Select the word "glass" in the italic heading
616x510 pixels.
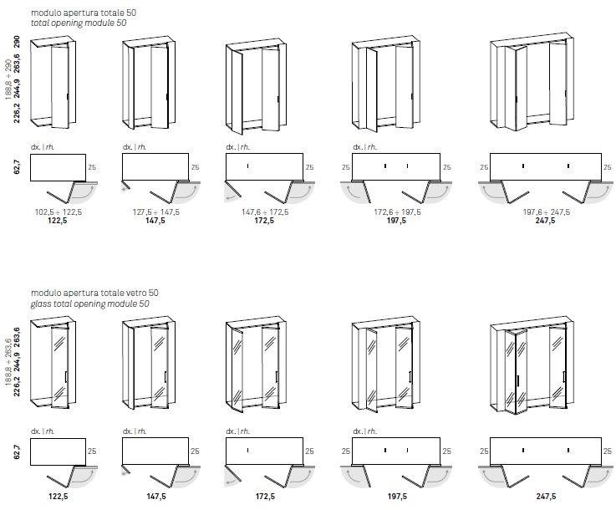42,304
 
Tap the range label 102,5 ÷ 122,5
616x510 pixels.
59,212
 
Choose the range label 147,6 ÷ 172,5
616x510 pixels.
265,212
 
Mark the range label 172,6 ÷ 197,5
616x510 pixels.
397,212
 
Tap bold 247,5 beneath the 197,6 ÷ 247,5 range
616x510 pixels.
546,222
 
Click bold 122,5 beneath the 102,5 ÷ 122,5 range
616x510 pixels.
59,222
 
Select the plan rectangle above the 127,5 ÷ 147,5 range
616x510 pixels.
155,167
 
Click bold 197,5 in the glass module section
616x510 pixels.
397,497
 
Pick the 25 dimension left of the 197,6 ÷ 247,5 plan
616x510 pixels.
484,167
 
